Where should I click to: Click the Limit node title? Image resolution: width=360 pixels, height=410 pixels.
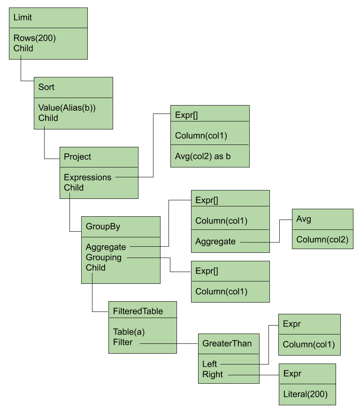[x=23, y=17]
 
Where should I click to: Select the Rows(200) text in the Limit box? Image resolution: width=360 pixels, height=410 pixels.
[x=35, y=38]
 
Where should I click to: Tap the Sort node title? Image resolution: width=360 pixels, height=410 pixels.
[x=46, y=87]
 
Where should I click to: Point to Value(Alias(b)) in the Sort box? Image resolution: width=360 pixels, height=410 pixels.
[x=67, y=108]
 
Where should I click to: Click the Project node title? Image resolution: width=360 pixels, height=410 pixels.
[x=77, y=157]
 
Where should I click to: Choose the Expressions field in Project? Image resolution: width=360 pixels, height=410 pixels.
[x=88, y=177]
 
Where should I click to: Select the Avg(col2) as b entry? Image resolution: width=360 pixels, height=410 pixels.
[x=203, y=156]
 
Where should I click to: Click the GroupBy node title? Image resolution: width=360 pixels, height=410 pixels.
[x=103, y=227]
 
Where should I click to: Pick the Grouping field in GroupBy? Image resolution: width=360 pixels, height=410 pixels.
[x=104, y=258]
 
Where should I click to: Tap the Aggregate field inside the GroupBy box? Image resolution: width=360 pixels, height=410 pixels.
[x=106, y=247]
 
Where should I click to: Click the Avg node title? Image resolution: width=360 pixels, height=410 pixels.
[x=304, y=219]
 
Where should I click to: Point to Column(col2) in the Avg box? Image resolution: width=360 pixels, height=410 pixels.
[x=322, y=240]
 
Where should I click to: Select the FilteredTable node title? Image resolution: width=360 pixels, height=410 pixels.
[x=138, y=311]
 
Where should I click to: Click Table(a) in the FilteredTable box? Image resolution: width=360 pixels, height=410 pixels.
[x=129, y=332]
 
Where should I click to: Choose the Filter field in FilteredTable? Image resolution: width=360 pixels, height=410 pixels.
[x=123, y=342]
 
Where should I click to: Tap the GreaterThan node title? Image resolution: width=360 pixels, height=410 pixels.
[x=227, y=343]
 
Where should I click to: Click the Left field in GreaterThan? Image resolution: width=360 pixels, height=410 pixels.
[x=209, y=364]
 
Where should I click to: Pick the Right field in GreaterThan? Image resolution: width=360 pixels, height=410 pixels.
[x=213, y=374]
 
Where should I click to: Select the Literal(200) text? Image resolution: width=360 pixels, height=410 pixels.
[x=306, y=394]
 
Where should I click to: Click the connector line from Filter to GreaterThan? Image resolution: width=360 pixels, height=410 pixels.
[x=169, y=343]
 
